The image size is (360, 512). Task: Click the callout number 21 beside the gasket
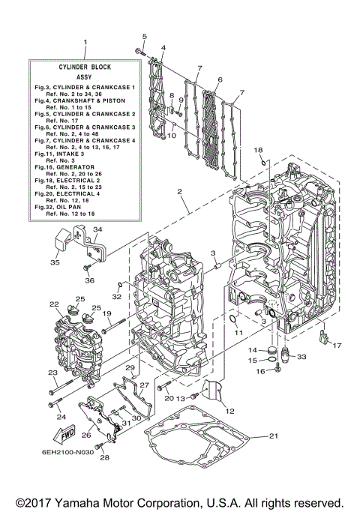(273, 437)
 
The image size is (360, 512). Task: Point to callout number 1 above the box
(85, 42)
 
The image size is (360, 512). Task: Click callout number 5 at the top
(145, 37)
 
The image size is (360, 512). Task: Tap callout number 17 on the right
(337, 346)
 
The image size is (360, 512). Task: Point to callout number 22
(54, 304)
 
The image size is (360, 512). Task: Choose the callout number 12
(230, 411)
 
